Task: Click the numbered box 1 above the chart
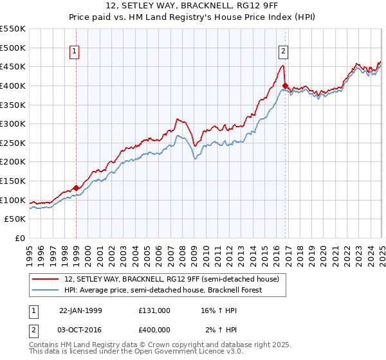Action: tap(75, 52)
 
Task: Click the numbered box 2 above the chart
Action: tap(283, 52)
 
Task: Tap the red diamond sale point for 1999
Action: tap(77, 188)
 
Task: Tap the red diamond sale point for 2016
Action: tap(284, 85)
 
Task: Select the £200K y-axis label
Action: tap(14, 162)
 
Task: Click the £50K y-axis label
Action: tap(16, 219)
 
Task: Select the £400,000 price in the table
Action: tap(154, 329)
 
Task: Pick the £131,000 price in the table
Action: tap(154, 310)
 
